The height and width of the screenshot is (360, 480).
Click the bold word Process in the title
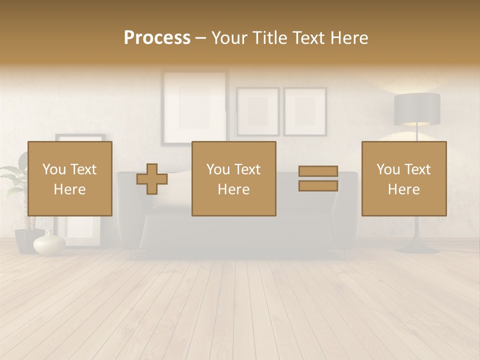tap(157, 38)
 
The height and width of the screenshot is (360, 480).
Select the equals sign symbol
tap(318, 178)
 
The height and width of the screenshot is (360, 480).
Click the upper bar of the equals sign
tap(318, 171)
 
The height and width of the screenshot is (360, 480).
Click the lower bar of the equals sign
tap(318, 186)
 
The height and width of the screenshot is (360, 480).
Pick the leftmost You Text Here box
tap(70, 179)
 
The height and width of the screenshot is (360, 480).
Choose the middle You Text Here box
tap(234, 179)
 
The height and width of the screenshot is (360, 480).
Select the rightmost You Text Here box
tap(404, 179)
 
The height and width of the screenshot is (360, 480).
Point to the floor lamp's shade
tap(417, 109)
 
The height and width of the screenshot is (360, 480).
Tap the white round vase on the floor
tap(49, 244)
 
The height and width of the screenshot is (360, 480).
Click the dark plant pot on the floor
tap(25, 240)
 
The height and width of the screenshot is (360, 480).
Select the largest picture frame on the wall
tap(194, 106)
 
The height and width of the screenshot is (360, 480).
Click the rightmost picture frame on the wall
tap(305, 111)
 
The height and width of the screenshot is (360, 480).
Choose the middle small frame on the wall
tap(258, 111)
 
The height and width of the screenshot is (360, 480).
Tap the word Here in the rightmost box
tap(404, 189)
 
